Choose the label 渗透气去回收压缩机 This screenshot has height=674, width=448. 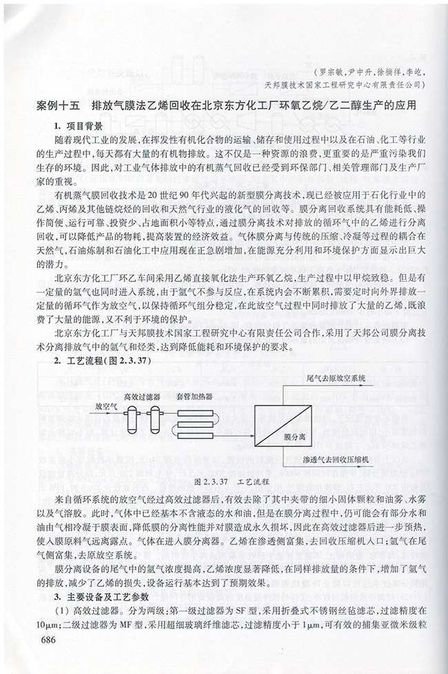tap(337, 458)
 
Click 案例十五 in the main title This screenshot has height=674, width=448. tap(58, 107)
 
